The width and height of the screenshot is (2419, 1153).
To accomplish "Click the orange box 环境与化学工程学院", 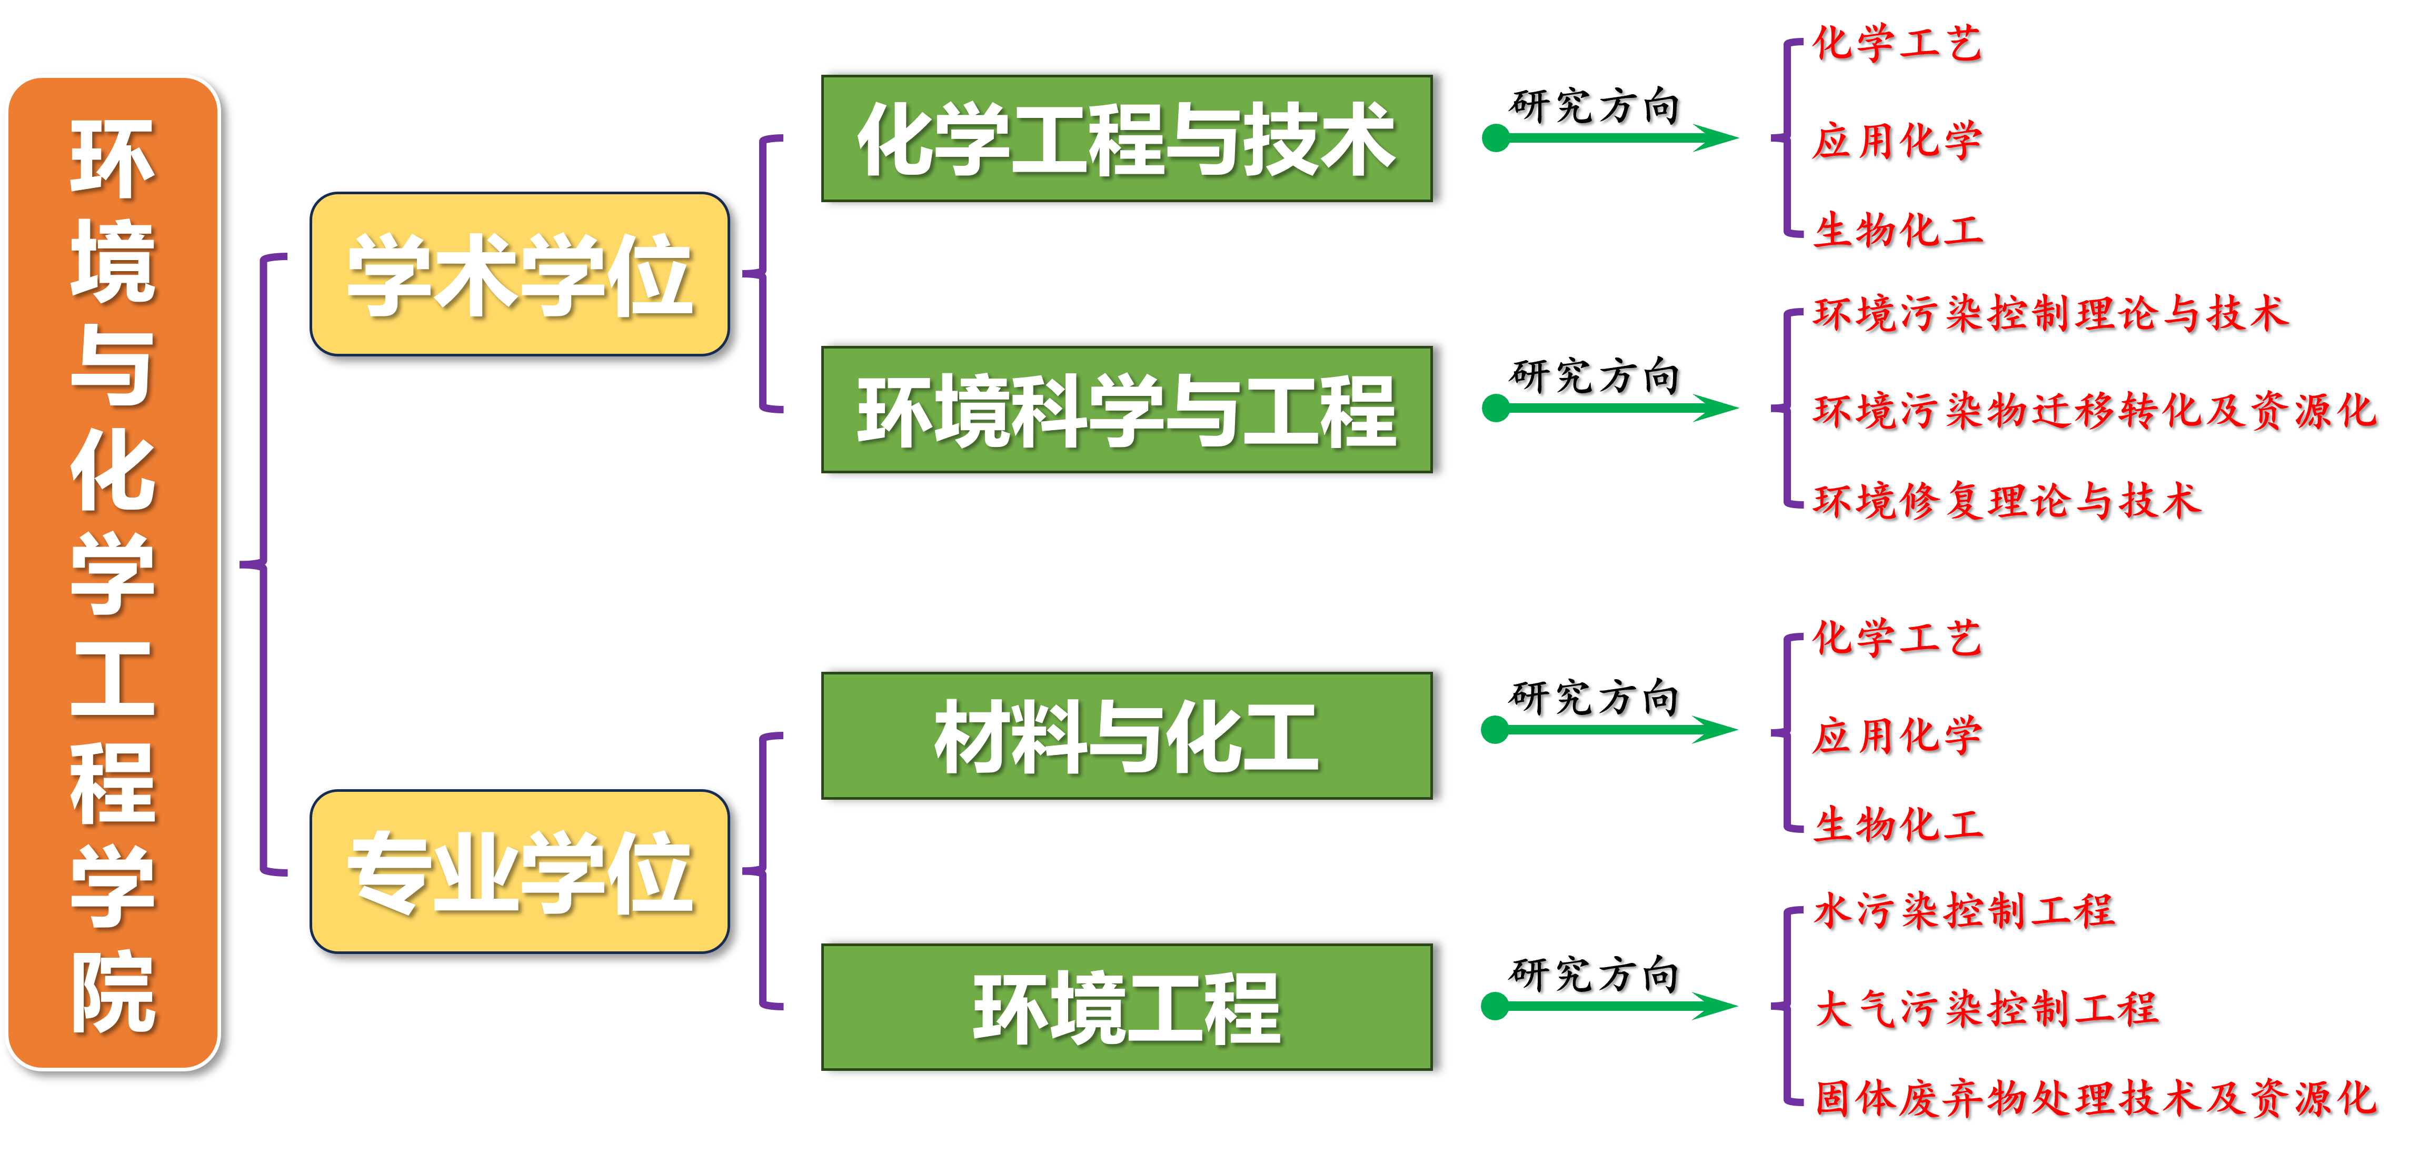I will point(113,573).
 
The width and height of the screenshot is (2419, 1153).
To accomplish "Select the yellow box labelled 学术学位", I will point(519,274).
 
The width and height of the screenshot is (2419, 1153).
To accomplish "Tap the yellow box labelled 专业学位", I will point(519,871).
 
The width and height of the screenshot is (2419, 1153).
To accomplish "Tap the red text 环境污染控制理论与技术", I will point(2050,314).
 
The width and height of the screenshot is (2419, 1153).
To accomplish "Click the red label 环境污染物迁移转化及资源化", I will point(2094,410).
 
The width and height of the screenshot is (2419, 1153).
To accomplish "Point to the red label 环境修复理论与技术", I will point(2007,501).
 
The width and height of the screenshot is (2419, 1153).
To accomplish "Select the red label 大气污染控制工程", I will point(1986,1008).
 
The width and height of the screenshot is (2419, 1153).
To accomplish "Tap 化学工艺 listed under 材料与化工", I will point(1897,639).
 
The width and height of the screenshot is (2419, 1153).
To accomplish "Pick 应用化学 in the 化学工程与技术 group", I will point(1897,141).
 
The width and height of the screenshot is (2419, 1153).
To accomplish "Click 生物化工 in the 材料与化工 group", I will point(1897,824).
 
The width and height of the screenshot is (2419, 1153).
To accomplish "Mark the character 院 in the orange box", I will point(113,992).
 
